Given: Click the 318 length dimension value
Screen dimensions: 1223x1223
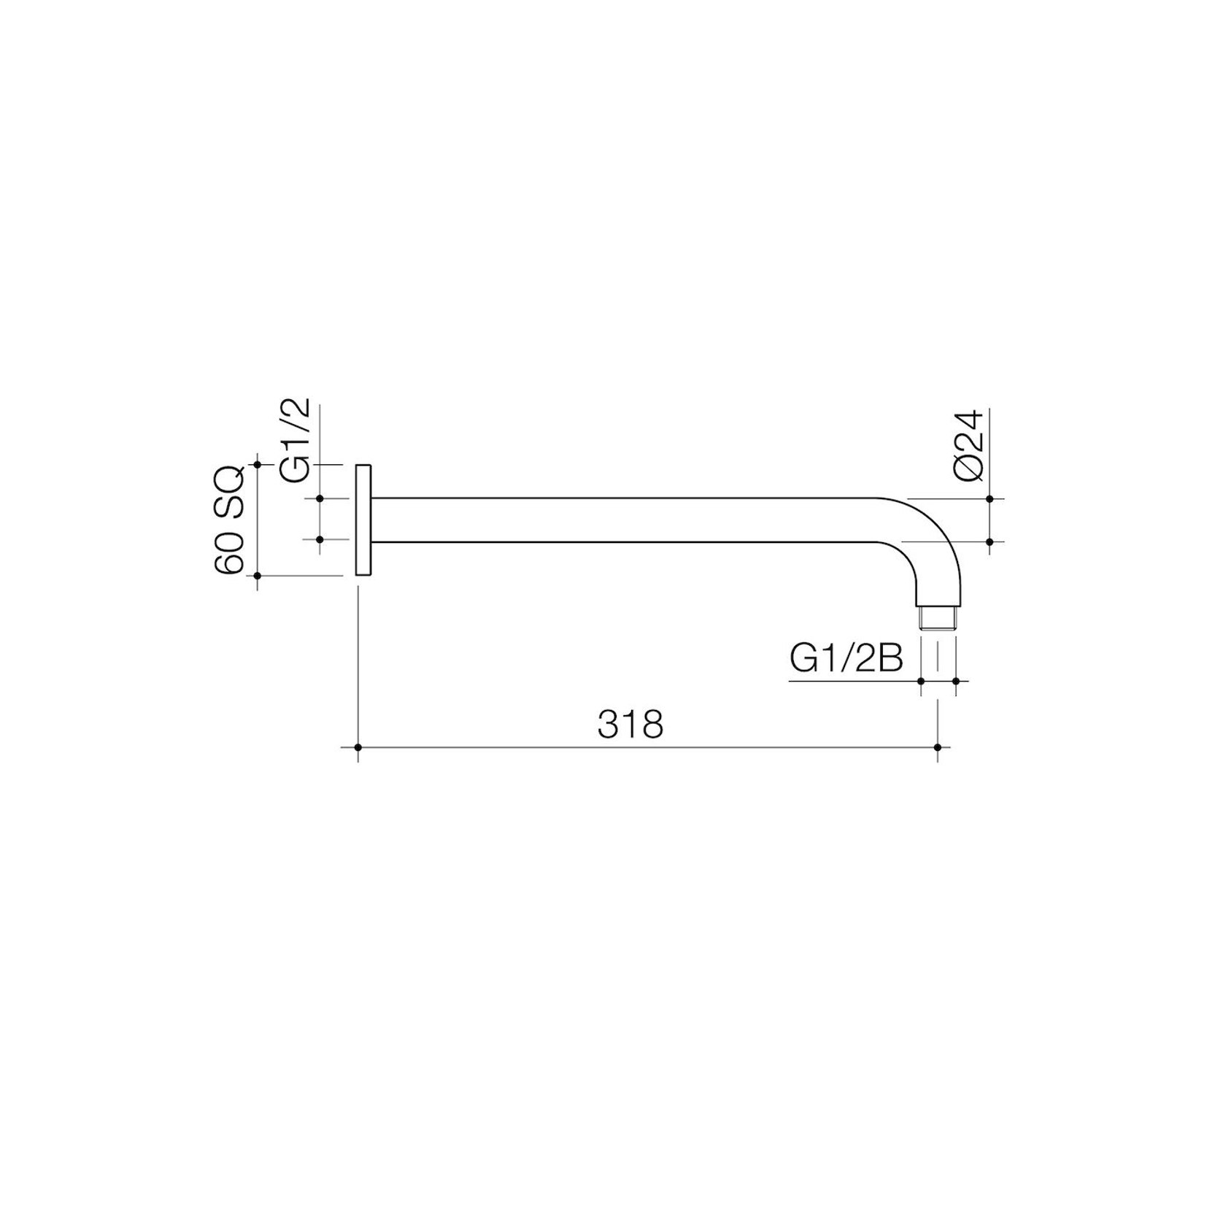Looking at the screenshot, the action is (630, 725).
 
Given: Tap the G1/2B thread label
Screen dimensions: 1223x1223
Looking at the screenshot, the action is (846, 659).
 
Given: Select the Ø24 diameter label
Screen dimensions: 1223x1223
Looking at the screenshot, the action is (971, 446).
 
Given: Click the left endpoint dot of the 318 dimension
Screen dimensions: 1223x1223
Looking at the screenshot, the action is (358, 747).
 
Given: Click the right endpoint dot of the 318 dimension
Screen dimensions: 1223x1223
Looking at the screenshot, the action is (938, 747).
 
